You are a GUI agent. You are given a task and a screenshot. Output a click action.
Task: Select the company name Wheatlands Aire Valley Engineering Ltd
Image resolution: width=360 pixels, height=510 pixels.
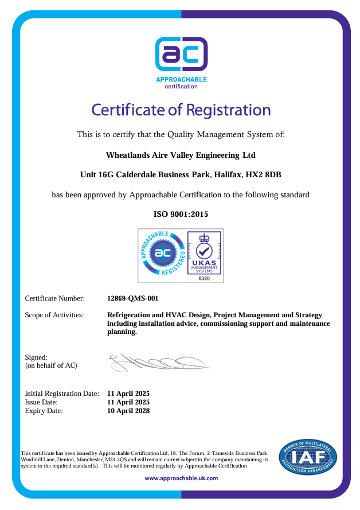(181, 155)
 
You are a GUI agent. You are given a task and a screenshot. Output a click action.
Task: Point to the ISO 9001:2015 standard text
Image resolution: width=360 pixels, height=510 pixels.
(181, 214)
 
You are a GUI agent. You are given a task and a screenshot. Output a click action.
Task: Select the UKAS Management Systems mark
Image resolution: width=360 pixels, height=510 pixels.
(204, 252)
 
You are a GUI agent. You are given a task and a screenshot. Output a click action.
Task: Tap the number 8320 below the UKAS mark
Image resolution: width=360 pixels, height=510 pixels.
(204, 278)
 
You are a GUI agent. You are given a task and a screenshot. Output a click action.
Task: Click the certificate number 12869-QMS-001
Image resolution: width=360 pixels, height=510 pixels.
(133, 298)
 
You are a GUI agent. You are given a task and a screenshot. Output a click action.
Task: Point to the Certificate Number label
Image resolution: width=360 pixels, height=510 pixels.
(54, 298)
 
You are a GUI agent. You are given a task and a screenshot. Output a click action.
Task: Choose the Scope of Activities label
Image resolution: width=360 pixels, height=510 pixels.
(54, 315)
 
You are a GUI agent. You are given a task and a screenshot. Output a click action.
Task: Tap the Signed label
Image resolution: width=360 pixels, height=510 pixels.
(36, 357)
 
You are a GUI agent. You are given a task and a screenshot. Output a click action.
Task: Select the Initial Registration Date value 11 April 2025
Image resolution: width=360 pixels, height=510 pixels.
(128, 394)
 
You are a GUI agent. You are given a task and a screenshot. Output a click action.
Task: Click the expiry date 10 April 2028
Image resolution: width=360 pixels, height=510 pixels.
(128, 411)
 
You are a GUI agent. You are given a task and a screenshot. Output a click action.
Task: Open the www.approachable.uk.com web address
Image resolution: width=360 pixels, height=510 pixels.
(181, 478)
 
